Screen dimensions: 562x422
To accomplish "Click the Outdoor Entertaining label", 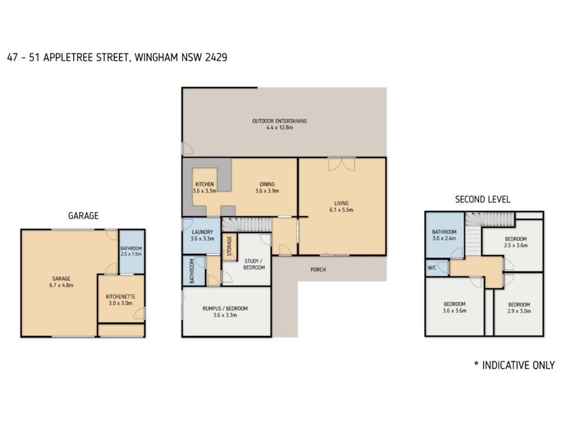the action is (279, 121).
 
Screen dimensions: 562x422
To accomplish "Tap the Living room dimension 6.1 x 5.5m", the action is (341, 210).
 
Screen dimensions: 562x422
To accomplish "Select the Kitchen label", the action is (205, 184).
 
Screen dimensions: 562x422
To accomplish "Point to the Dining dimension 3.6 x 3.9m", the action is (267, 191).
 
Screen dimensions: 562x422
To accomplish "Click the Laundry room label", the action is (202, 232).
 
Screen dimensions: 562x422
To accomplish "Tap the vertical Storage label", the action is (229, 246).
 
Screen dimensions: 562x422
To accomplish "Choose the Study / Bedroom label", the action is (254, 264).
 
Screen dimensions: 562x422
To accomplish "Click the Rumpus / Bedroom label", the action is (225, 308).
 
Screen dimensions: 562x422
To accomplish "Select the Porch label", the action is (318, 269).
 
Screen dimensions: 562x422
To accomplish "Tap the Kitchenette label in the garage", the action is (120, 297).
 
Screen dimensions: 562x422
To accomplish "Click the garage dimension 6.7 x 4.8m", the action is (61, 285).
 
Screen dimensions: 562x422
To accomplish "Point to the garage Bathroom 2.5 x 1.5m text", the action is (131, 251).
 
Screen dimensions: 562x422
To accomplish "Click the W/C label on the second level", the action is (432, 268).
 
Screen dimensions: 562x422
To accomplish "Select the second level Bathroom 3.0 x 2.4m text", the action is (444, 235).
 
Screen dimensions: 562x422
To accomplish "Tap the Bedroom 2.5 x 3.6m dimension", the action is (516, 246).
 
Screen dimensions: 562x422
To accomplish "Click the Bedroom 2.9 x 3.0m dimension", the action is (519, 311).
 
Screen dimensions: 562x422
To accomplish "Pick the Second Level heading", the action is (482, 199).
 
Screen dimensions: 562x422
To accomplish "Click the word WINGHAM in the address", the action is (156, 57).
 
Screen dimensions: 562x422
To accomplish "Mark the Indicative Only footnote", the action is (514, 365).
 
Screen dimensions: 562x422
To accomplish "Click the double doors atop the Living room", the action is (341, 164).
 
